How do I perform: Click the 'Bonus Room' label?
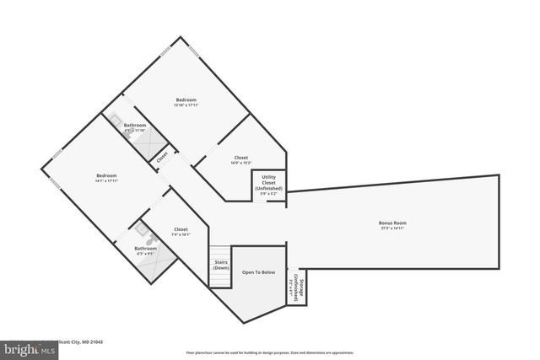click(392, 223)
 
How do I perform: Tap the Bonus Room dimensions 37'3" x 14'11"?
click(392, 228)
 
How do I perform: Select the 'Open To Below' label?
click(258, 272)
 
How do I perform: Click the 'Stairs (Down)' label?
click(221, 266)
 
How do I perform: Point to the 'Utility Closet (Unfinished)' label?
click(268, 182)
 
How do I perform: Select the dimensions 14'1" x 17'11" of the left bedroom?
click(105, 180)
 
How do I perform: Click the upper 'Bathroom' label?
click(135, 126)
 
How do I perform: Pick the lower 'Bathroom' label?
click(145, 248)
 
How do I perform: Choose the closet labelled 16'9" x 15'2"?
click(240, 160)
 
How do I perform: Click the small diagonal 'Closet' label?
click(162, 155)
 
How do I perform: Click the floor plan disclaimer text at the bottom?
click(269, 352)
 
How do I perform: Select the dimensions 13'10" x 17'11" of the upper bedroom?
click(186, 105)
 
